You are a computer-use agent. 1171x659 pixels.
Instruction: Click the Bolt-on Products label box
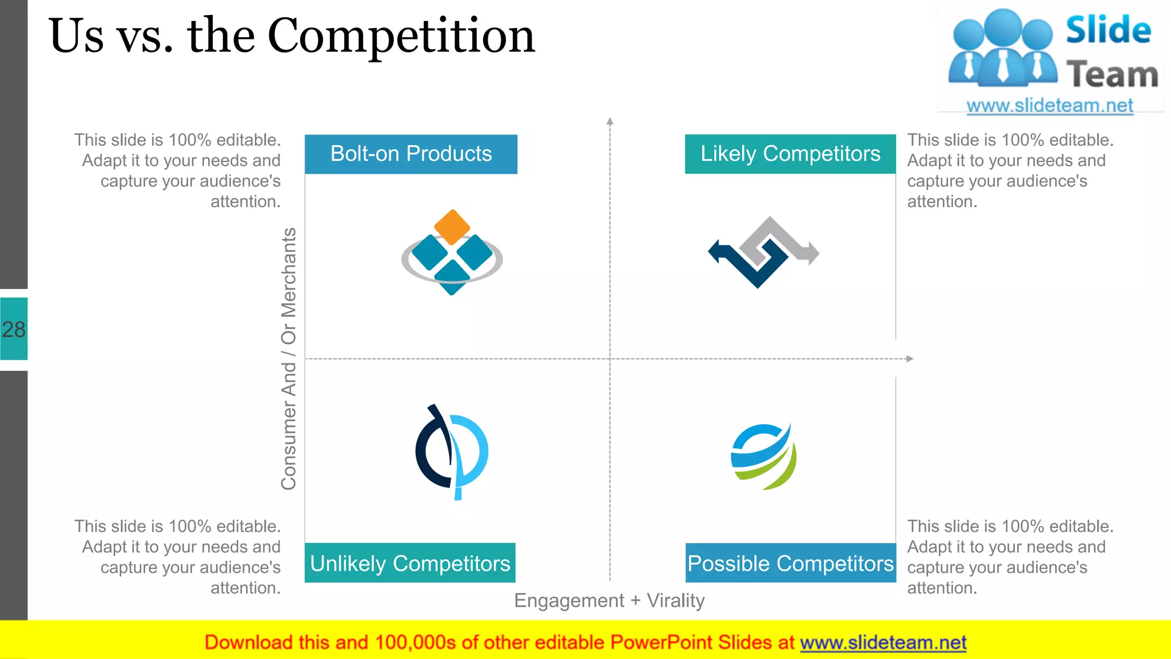[x=411, y=154]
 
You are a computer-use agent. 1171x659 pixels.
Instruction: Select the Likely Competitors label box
[x=790, y=154]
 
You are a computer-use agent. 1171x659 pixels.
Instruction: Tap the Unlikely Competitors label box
[x=410, y=563]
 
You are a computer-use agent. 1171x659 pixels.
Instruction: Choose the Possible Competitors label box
[x=790, y=563]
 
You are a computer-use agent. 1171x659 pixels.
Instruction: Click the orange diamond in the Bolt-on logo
[x=452, y=227]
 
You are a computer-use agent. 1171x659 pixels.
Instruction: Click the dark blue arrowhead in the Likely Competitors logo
[x=715, y=251]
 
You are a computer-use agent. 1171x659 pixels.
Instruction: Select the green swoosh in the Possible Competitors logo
[x=778, y=472]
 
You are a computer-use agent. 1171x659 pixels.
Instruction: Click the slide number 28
[x=14, y=329]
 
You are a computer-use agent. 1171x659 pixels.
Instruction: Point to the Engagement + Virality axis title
[x=609, y=601]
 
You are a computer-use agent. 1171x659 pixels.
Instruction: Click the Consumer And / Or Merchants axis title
[x=289, y=359]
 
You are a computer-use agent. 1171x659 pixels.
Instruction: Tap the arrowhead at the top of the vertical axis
[x=610, y=121]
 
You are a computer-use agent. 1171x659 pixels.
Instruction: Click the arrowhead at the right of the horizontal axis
[x=910, y=359]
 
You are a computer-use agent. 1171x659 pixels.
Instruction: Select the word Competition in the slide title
[x=401, y=37]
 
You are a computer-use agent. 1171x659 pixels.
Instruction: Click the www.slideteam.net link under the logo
[x=1049, y=105]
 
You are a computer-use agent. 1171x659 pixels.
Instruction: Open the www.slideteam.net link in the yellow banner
[x=883, y=642]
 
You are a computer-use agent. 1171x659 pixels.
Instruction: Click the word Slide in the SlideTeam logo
[x=1108, y=30]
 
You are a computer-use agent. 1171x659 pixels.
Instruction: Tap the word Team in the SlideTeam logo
[x=1112, y=75]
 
